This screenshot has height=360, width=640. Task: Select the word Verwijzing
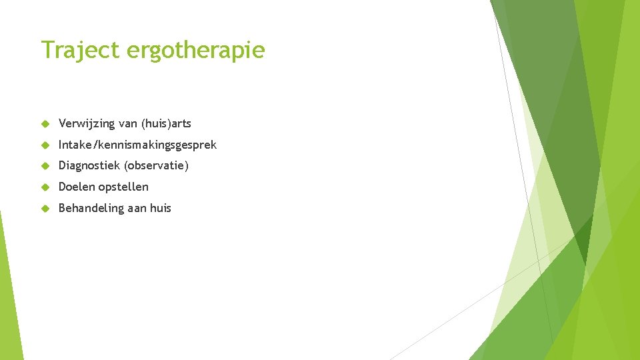click(x=86, y=123)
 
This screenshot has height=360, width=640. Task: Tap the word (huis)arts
click(x=165, y=123)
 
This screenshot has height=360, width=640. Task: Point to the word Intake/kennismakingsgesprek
click(x=137, y=145)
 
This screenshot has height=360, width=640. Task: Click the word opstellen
click(x=123, y=187)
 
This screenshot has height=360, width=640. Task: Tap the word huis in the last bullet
click(x=160, y=208)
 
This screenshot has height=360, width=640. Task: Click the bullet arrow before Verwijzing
click(x=45, y=124)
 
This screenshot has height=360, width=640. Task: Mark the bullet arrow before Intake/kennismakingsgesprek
click(x=45, y=145)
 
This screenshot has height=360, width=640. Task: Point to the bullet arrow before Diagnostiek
click(x=45, y=166)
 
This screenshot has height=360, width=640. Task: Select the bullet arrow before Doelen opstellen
click(x=45, y=187)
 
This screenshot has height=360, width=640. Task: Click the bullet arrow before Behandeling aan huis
click(x=45, y=209)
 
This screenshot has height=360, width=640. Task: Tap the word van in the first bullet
click(x=126, y=124)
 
